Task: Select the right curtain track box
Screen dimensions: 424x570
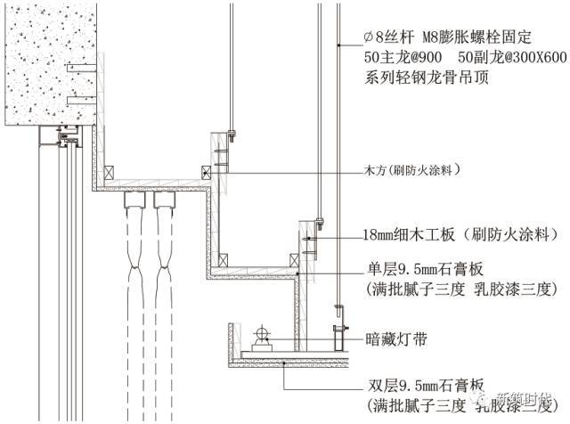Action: (x=164, y=198)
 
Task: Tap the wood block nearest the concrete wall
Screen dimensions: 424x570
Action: (x=108, y=172)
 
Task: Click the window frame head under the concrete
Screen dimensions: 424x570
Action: (x=62, y=138)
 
